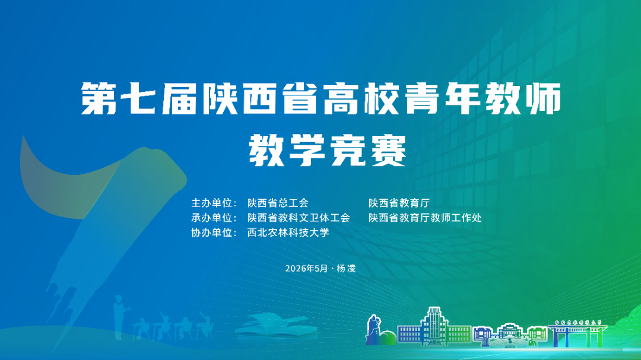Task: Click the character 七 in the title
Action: tap(138, 98)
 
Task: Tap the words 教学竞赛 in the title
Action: tap(328, 151)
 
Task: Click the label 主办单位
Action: tap(212, 203)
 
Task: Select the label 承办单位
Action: tap(212, 218)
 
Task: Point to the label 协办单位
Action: tap(212, 232)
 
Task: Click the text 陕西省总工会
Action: tap(278, 203)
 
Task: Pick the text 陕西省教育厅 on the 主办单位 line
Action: tap(399, 203)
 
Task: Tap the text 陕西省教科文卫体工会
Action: tap(299, 218)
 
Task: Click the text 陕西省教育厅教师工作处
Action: tap(425, 218)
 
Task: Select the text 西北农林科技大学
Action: tap(288, 232)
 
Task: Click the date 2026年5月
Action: tap(307, 269)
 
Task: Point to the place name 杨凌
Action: tap(346, 269)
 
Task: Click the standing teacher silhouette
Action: tap(119, 317)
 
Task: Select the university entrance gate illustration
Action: tap(577, 333)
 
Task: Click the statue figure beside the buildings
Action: tap(373, 329)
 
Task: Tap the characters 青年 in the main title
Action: tap(442, 98)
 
